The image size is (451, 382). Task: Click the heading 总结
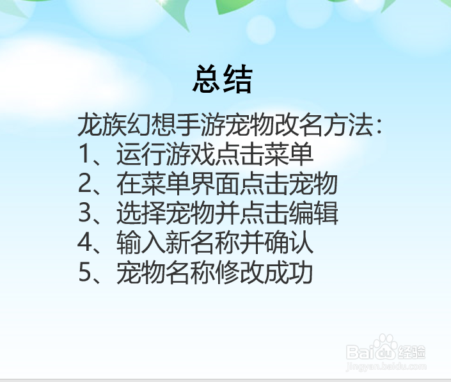(x=223, y=80)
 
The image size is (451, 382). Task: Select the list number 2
(x=86, y=184)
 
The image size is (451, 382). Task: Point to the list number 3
(x=86, y=214)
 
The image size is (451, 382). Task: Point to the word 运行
(x=139, y=155)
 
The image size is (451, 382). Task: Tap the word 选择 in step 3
(x=139, y=214)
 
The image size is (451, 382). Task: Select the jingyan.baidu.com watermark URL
(x=385, y=367)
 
